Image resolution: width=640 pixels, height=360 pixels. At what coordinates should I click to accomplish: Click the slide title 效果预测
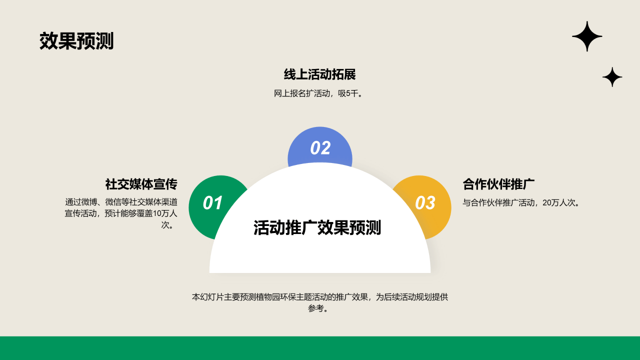click(x=76, y=41)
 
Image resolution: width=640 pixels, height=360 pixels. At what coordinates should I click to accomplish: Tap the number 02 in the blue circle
click(x=320, y=148)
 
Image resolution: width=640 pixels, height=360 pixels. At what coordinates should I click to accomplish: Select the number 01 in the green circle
click(x=212, y=203)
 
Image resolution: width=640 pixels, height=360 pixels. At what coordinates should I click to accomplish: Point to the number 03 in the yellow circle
click(x=425, y=203)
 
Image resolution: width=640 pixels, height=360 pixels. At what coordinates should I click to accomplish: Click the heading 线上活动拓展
click(x=320, y=75)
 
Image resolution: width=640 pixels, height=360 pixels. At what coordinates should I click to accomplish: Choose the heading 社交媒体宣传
click(x=141, y=184)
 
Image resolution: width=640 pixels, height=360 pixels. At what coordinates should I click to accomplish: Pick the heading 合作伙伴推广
click(x=498, y=184)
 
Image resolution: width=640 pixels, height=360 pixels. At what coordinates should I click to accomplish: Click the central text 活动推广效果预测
click(x=317, y=227)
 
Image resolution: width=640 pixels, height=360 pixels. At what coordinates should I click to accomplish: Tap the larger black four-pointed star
click(x=587, y=36)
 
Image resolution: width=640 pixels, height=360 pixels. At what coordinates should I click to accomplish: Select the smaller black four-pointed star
click(x=612, y=77)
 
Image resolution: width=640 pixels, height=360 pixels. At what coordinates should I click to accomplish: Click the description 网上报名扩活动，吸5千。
click(x=318, y=93)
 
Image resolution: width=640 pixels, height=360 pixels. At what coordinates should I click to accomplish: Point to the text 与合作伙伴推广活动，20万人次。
click(x=521, y=202)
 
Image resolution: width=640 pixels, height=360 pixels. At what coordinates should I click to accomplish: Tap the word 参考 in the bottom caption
click(x=315, y=308)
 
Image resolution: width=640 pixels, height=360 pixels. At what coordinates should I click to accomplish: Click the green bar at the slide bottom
click(x=320, y=348)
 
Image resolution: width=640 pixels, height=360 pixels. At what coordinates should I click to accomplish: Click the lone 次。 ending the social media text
click(x=168, y=225)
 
